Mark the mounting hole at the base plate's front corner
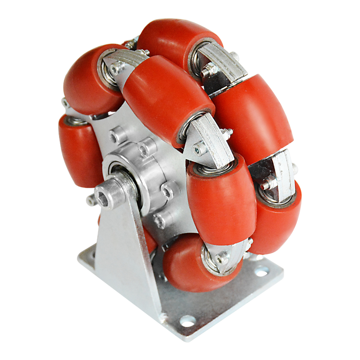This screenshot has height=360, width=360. [x=187, y=321]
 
